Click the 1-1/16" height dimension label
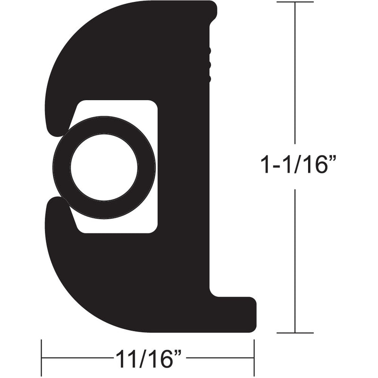point(298,166)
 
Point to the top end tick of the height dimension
point(295,2)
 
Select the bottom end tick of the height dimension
point(295,333)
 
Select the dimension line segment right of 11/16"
point(220,358)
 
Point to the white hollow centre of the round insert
point(104,168)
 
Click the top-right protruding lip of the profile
point(211,12)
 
